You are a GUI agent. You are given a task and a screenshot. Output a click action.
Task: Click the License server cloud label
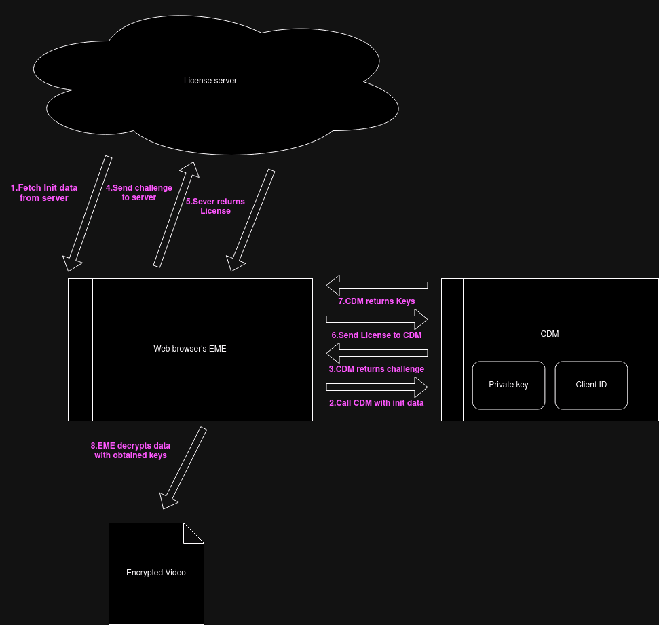210,81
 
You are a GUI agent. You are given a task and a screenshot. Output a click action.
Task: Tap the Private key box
508,385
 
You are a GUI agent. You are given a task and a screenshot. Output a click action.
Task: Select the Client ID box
591,385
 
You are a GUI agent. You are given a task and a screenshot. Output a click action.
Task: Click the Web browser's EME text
190,349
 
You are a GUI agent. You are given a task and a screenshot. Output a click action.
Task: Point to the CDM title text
550,334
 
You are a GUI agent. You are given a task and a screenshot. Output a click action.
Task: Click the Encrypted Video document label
156,573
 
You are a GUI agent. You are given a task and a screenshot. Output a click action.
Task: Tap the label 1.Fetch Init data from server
44,193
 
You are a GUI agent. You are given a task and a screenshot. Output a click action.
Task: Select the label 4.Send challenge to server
139,193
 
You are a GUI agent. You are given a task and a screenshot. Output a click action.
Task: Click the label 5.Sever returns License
215,206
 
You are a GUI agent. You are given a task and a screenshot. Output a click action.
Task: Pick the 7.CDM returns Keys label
377,301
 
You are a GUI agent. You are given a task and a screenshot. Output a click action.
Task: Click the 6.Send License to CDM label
377,335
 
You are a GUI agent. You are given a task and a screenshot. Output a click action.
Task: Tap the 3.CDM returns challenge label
377,369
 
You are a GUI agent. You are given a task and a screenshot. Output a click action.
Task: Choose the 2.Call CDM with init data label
377,403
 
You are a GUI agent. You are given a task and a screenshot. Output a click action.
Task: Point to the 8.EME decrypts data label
131,451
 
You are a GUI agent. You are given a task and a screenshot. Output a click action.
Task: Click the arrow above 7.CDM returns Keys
377,284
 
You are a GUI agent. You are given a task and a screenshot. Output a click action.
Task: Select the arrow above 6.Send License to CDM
377,319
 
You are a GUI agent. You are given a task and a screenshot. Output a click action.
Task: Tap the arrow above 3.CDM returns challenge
377,353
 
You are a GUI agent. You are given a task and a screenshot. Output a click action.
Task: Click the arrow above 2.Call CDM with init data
377,387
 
